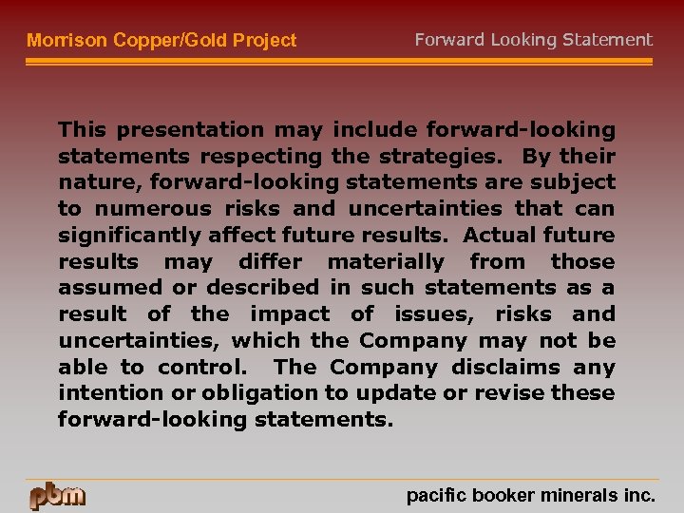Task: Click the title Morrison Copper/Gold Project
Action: (x=161, y=41)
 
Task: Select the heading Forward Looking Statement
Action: (x=533, y=40)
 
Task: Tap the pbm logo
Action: (x=57, y=495)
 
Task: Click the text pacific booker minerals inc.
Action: (x=530, y=495)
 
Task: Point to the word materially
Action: (x=386, y=261)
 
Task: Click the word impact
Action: (x=290, y=314)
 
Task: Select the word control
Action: (x=201, y=367)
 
